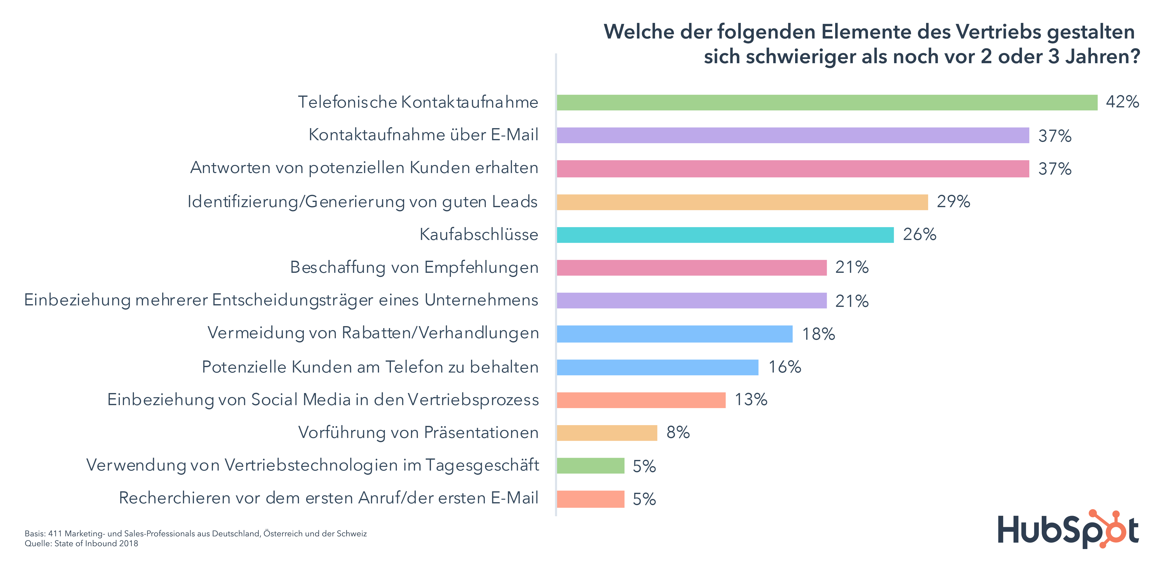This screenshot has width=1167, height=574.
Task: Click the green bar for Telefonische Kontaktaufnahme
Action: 827,102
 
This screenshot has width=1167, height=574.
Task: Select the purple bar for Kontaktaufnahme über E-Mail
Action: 793,135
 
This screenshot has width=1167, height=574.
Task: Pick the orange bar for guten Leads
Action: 742,202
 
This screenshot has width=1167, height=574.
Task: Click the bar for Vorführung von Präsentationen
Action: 607,433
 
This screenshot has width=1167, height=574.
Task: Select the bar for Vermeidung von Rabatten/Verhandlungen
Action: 675,334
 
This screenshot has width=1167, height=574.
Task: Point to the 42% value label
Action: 1122,102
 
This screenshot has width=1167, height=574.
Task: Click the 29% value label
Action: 953,201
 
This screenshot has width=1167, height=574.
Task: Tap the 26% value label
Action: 919,235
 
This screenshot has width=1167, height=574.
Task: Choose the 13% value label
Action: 751,400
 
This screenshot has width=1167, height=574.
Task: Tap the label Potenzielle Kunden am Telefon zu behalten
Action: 370,367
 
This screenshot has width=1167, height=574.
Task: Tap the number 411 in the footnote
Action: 55,534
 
